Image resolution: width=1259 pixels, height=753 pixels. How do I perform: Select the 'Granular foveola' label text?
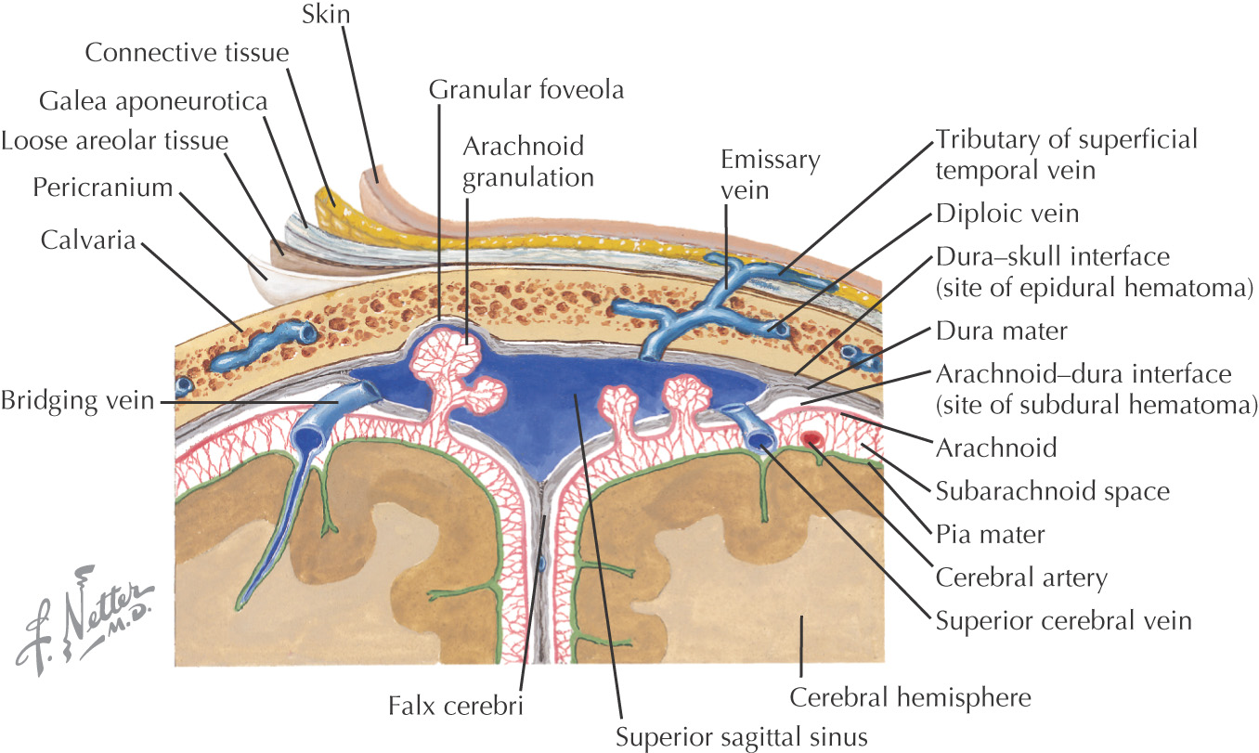pyautogui.click(x=526, y=91)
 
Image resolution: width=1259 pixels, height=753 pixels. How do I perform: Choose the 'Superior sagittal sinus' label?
pyautogui.click(x=741, y=738)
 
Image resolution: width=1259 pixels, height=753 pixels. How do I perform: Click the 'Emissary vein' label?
pyautogui.click(x=771, y=175)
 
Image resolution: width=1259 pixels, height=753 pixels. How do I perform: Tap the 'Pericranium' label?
pyautogui.click(x=103, y=188)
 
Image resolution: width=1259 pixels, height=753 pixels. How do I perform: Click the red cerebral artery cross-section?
pyautogui.click(x=815, y=438)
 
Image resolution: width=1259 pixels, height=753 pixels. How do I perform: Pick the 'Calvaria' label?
pyautogui.click(x=88, y=240)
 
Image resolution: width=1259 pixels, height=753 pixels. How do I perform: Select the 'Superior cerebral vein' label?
pyautogui.click(x=1063, y=620)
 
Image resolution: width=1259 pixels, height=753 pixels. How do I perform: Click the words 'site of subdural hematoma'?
pyautogui.click(x=1096, y=405)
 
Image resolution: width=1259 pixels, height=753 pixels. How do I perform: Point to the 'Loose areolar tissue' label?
pyautogui.click(x=114, y=142)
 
